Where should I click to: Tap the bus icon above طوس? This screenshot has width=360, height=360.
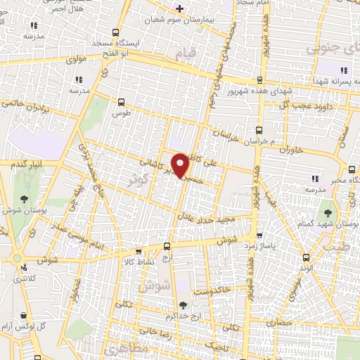click(122, 101)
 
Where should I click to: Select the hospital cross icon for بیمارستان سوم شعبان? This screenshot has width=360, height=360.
click(179, 8)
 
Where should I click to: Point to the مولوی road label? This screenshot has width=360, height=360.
click(76, 60)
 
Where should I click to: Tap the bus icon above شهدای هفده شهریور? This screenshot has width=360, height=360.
click(259, 79)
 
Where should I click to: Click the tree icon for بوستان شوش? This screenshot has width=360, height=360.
click(25, 199)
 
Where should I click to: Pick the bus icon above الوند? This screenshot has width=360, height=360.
click(304, 257)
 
